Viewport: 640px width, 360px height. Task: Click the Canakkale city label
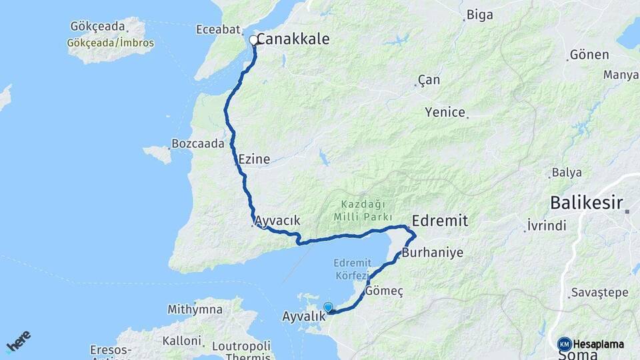tap(293, 40)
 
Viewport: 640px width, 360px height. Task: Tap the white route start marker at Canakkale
tap(253, 40)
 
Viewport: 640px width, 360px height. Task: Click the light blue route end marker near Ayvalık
tap(328, 307)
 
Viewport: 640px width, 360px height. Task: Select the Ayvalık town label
tap(303, 316)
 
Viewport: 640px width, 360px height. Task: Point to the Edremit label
tap(440, 221)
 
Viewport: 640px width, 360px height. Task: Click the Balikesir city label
tap(586, 203)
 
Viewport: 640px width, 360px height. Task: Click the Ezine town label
tap(254, 159)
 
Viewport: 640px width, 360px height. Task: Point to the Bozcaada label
tap(197, 143)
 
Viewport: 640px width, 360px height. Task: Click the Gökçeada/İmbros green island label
tap(110, 43)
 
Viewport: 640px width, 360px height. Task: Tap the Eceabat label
tap(217, 30)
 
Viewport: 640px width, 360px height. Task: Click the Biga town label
tap(480, 14)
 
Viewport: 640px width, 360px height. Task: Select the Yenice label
tap(445, 113)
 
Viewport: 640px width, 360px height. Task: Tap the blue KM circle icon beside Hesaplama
tap(564, 344)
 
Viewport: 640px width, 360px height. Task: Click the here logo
tap(18, 342)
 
